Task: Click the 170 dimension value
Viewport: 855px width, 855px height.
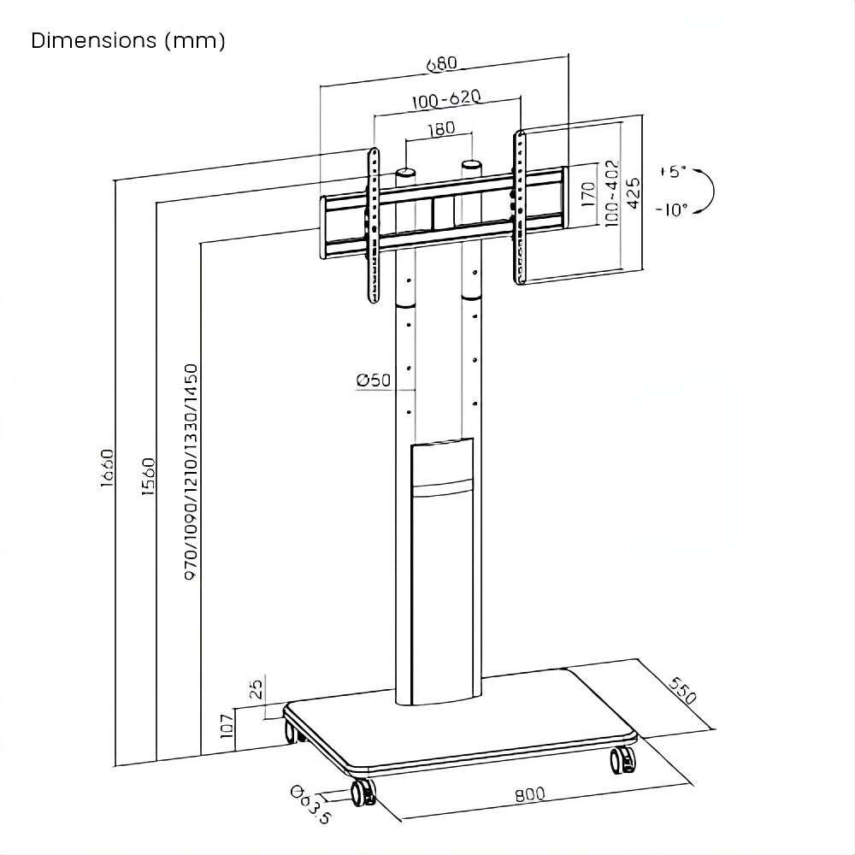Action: click(x=587, y=195)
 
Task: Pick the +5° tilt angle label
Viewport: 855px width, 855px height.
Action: click(x=673, y=171)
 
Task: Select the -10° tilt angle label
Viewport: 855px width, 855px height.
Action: click(x=672, y=209)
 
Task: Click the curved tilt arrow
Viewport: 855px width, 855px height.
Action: click(x=706, y=190)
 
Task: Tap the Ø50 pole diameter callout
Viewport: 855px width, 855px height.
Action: click(x=374, y=380)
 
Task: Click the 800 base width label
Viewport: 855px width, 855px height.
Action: click(x=530, y=794)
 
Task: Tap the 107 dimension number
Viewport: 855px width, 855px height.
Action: click(x=227, y=725)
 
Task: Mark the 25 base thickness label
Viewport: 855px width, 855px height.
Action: click(x=255, y=689)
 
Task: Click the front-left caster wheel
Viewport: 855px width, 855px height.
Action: click(x=363, y=791)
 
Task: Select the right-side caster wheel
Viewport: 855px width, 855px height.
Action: click(x=622, y=760)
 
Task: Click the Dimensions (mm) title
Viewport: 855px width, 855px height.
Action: click(x=128, y=41)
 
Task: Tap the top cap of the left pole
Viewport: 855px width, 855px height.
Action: click(x=405, y=174)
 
